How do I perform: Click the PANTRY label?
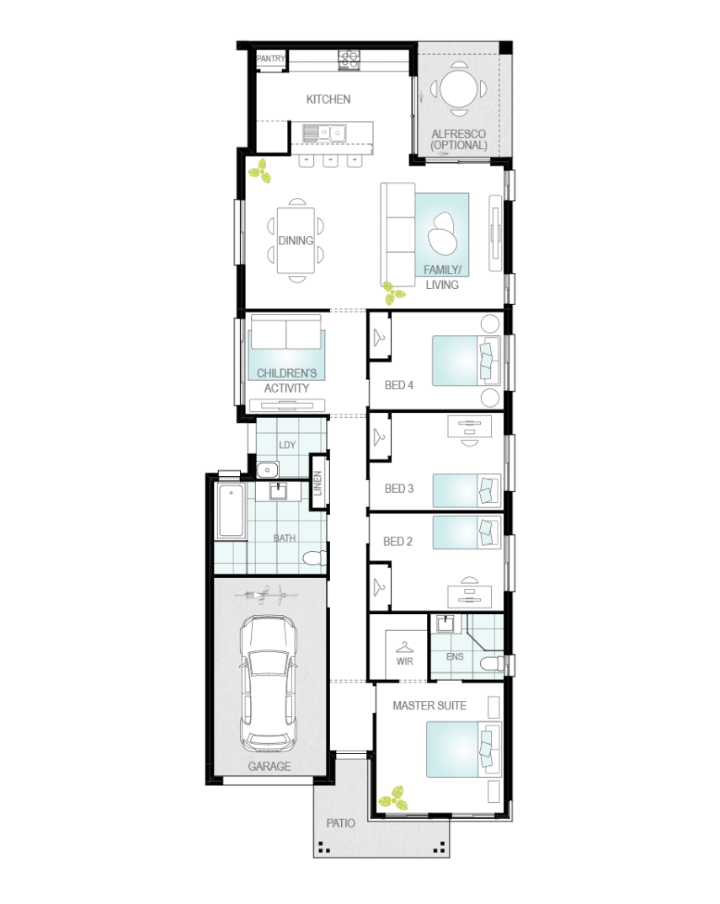point(270,59)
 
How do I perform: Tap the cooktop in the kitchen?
point(349,58)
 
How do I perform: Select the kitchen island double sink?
point(330,134)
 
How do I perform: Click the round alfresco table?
point(459,88)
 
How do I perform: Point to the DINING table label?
point(296,240)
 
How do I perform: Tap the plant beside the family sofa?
point(394,294)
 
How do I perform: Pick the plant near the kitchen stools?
point(260,171)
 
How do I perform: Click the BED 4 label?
point(399,385)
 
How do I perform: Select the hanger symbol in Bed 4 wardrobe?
point(379,337)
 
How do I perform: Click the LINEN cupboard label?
point(317,483)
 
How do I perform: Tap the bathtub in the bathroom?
point(231,511)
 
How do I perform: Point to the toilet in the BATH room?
point(315,558)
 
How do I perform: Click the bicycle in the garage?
point(266,595)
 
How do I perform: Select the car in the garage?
point(269,684)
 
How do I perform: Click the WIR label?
point(405,661)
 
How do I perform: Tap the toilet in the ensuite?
point(492,664)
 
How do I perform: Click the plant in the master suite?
point(393,799)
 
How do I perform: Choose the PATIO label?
point(341,823)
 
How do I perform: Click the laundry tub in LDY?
point(267,470)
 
